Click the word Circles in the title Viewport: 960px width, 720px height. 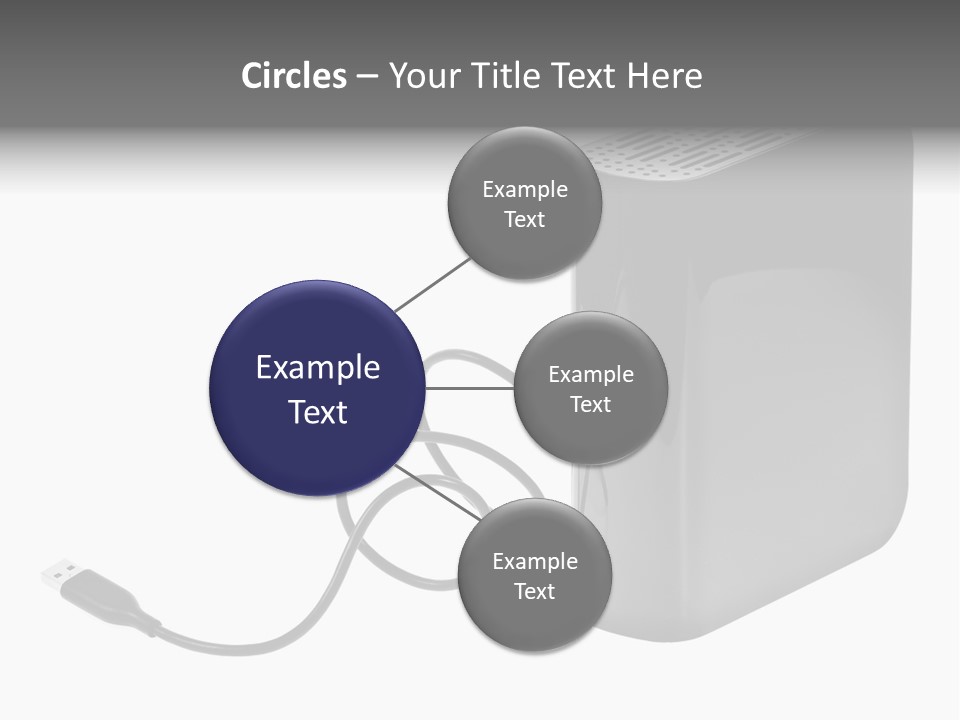[x=294, y=76]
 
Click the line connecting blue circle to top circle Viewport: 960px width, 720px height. [x=432, y=284]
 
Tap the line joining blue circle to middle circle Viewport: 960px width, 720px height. [x=470, y=387]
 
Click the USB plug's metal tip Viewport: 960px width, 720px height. [x=57, y=573]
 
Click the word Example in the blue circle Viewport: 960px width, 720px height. [x=318, y=368]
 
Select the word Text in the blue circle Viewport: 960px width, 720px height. [x=318, y=412]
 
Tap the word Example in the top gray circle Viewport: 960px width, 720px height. [x=525, y=189]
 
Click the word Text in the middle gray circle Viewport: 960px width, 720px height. [x=590, y=404]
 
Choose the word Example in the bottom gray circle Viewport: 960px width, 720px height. [x=535, y=561]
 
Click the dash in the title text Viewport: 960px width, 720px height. [x=366, y=76]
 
